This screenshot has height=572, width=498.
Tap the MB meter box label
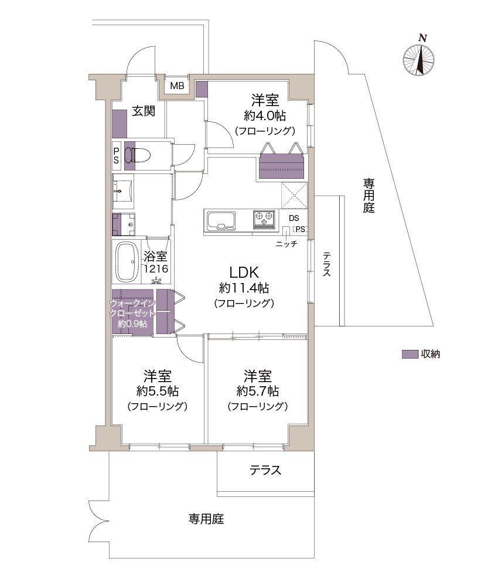coord(177,86)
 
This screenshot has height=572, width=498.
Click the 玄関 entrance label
coord(144,111)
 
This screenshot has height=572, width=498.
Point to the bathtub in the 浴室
coord(127,262)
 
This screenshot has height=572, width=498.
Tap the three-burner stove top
coord(264,220)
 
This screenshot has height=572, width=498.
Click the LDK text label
coord(244,273)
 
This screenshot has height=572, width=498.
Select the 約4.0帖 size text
coord(265,115)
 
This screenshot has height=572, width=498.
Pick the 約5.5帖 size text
coord(158,391)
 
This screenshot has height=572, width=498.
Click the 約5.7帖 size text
coord(258,391)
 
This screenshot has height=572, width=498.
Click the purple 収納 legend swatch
coord(410,354)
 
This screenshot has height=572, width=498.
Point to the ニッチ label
coord(286,244)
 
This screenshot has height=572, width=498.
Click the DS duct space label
coord(294,218)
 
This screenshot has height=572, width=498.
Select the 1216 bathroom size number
coord(156,269)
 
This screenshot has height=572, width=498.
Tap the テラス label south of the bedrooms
coord(265,470)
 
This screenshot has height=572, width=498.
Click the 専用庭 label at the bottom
coord(206,518)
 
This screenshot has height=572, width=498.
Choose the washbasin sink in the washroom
coord(123,190)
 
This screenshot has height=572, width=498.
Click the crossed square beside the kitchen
coord(294,195)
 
